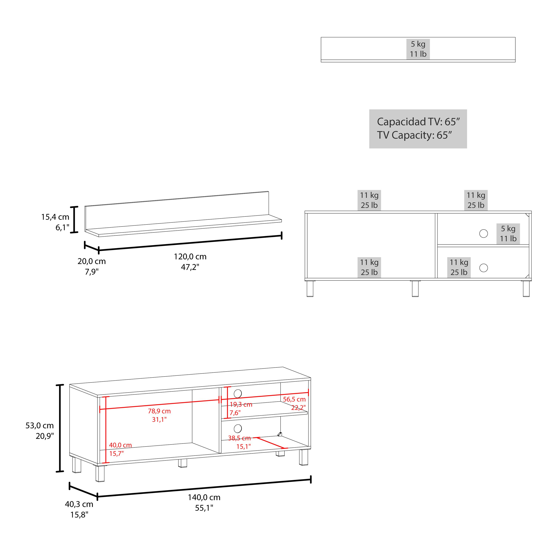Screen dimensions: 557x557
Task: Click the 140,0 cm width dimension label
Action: click(x=204, y=497)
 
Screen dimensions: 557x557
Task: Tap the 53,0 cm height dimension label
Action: click(x=40, y=426)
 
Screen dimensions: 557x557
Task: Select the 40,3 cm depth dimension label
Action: click(x=79, y=504)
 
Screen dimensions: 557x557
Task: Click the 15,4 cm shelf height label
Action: click(x=55, y=217)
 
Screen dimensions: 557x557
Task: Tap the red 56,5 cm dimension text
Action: click(x=294, y=399)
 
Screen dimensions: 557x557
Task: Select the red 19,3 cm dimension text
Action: click(x=241, y=405)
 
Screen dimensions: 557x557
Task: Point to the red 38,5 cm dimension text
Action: click(x=239, y=438)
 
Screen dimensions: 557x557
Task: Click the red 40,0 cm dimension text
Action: click(x=120, y=445)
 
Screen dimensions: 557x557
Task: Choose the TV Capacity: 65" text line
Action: click(x=414, y=135)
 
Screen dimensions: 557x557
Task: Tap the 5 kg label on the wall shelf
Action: click(x=418, y=44)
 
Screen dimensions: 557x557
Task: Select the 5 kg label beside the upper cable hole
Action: click(x=508, y=229)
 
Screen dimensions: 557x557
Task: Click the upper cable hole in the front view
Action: click(x=483, y=234)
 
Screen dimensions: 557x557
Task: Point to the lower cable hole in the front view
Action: click(x=483, y=268)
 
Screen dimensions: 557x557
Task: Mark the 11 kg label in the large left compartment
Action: click(x=369, y=262)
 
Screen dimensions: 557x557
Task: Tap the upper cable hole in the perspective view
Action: click(x=238, y=393)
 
